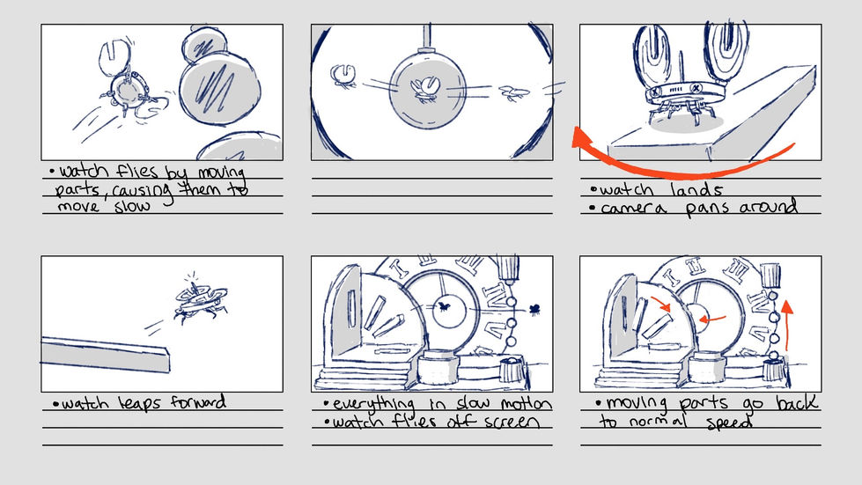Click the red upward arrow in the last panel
(786, 324)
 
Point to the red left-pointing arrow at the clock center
(711, 318)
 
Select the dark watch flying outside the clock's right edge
(534, 310)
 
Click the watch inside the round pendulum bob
(425, 90)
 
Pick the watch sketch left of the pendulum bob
(343, 77)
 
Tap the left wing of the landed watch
(655, 54)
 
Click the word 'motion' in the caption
(527, 404)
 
